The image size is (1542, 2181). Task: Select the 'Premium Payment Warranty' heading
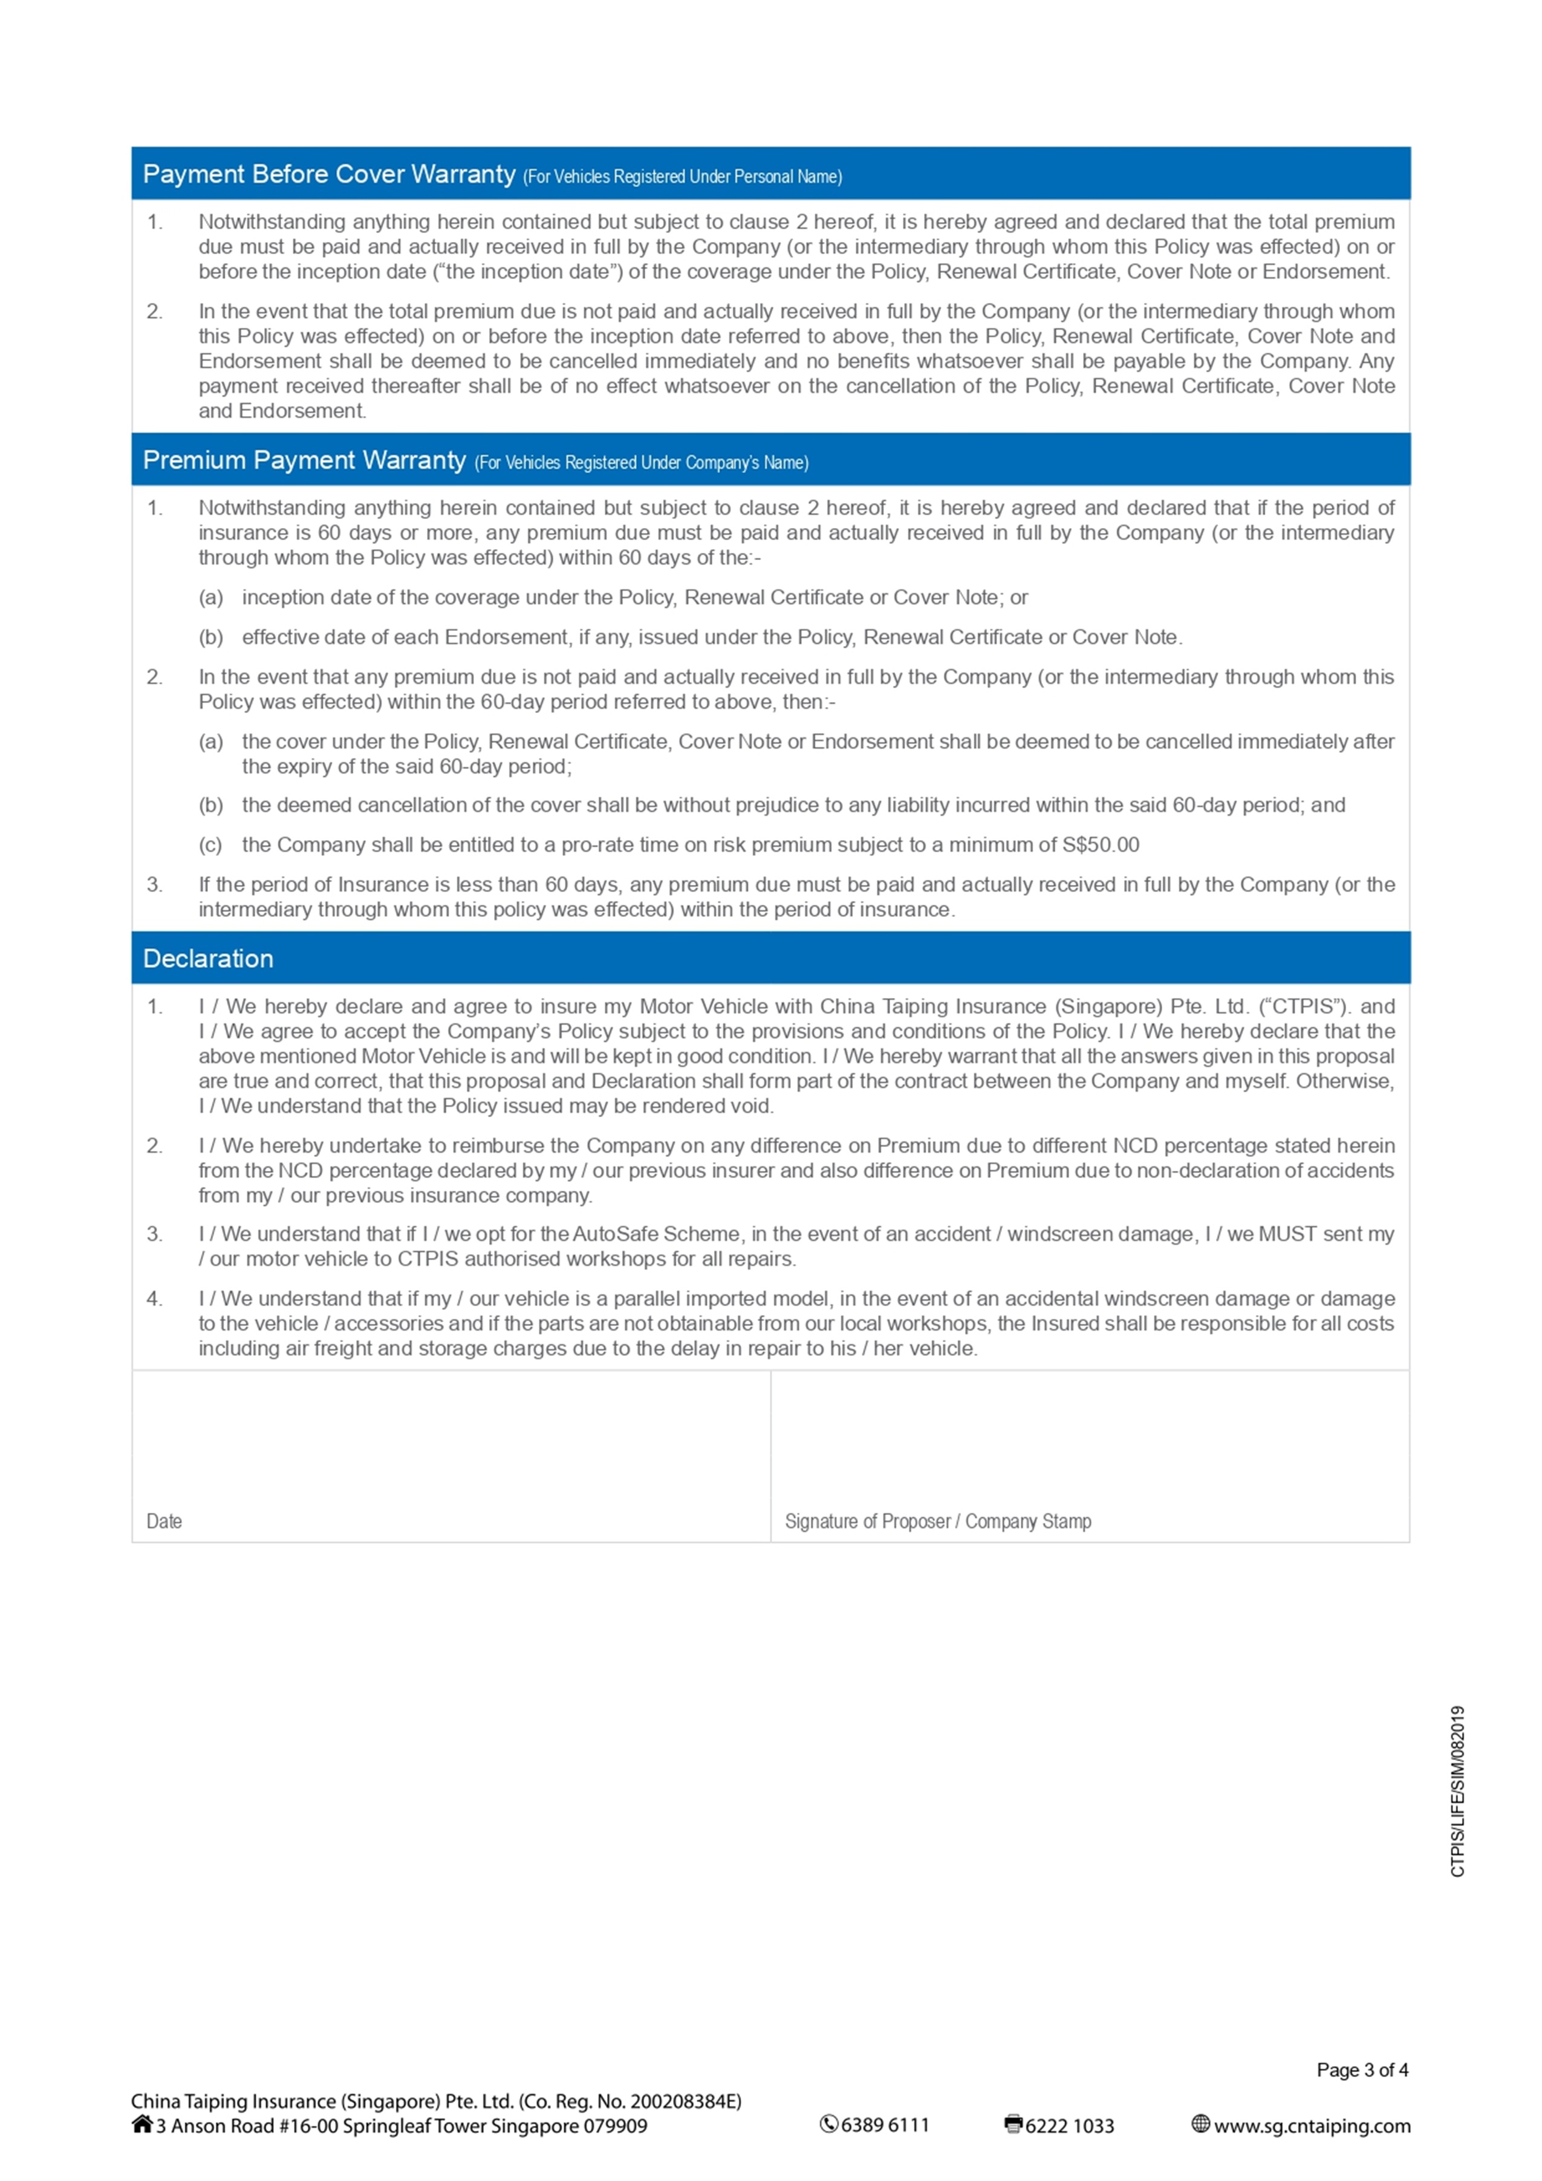pyautogui.click(x=304, y=461)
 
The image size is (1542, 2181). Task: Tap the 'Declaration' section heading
pyautogui.click(x=208, y=959)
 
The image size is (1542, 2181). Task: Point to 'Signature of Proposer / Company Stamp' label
pyautogui.click(x=937, y=1521)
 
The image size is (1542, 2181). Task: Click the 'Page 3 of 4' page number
pyautogui.click(x=1362, y=2070)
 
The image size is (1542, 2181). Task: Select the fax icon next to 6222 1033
pyautogui.click(x=1013, y=2125)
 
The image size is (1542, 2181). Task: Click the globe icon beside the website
pyautogui.click(x=1200, y=2125)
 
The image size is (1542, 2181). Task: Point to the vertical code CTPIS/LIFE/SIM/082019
pyautogui.click(x=1457, y=1791)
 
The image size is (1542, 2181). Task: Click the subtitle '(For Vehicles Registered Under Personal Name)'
pyautogui.click(x=682, y=177)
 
